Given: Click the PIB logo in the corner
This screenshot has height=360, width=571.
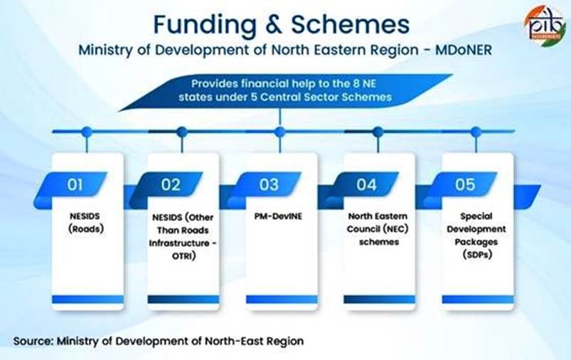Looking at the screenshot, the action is coord(545,26).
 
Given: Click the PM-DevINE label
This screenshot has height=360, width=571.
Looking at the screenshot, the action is coord(278,216).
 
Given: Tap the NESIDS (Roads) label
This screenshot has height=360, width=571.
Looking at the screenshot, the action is coord(86,223).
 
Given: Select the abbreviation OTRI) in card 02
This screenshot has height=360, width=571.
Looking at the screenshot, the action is coord(184,256).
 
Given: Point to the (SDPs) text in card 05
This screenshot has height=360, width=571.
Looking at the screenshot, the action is coord(477,254).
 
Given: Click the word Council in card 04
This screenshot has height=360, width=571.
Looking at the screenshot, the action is coord(362,229).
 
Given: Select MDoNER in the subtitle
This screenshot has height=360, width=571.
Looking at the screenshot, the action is coord(464,50).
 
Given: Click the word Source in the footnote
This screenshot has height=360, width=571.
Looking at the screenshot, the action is coord(33,342).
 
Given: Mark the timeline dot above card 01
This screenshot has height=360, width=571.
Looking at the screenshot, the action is coord(87,132).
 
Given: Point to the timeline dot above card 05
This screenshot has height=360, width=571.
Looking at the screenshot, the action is coord(476,132).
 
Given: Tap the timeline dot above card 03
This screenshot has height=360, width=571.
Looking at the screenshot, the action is coord(279,132).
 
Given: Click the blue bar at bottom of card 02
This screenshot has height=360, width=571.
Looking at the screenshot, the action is coord(183,300).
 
